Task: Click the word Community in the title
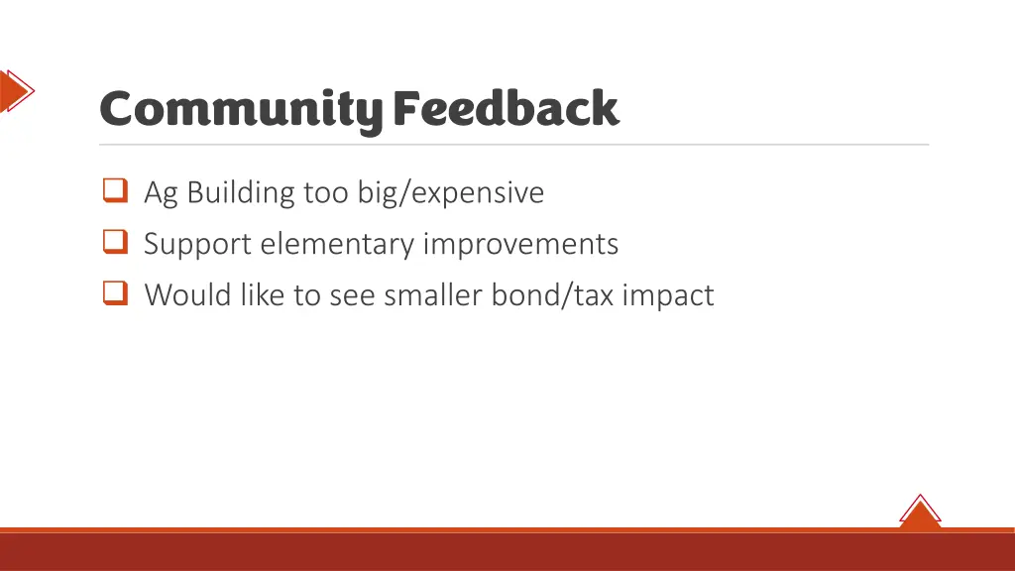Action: click(240, 109)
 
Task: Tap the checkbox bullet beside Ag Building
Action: click(115, 190)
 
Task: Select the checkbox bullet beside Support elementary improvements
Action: click(115, 242)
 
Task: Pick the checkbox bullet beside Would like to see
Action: click(115, 293)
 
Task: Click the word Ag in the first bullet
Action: click(161, 192)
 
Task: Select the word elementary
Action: click(338, 244)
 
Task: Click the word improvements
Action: click(521, 244)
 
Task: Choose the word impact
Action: click(668, 294)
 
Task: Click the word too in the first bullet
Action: click(325, 192)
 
